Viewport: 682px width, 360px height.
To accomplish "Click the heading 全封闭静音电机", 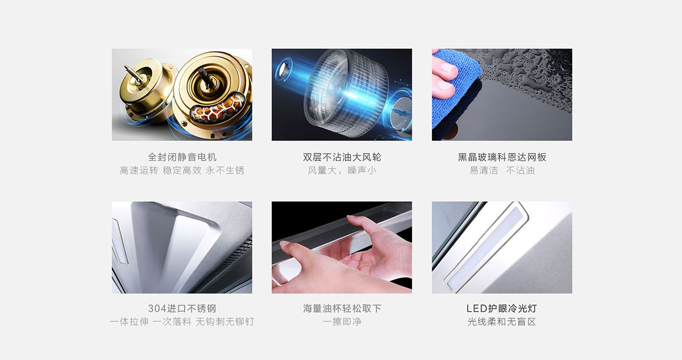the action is point(182,157).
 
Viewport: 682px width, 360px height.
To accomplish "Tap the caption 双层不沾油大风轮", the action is point(342,157).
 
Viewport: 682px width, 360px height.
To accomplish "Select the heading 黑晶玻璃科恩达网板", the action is point(502,157).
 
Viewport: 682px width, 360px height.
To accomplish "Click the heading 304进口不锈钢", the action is point(182,308).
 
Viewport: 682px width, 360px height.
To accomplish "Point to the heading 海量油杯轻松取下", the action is point(342,308).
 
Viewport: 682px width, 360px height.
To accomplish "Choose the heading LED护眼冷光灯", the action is point(502,308).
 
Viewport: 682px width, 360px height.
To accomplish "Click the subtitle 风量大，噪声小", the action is point(342,170).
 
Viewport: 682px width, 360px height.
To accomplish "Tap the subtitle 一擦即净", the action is point(342,322).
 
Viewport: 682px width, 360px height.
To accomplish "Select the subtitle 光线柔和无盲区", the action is point(502,322).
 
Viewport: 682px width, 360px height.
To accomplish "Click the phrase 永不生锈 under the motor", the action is point(225,170).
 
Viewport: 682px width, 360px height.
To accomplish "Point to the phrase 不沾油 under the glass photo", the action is point(521,170).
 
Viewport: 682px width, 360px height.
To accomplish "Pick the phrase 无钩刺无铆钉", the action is point(224,322).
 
